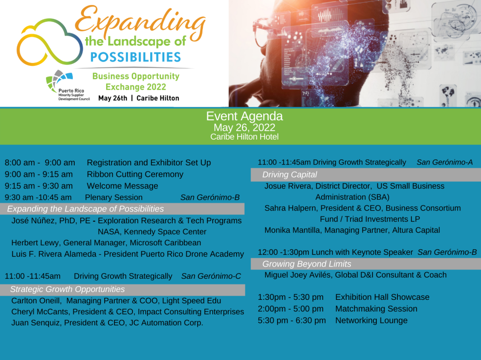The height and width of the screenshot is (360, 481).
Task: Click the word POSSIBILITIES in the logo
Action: coord(136,57)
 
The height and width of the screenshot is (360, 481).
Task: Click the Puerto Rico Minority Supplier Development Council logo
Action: coord(68,86)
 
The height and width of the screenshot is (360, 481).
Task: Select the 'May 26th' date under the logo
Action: coord(113,98)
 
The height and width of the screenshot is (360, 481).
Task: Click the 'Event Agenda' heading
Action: coord(244,116)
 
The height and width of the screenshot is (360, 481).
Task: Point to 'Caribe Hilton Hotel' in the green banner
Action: coord(244,137)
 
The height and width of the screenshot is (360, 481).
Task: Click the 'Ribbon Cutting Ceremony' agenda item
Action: coord(135,174)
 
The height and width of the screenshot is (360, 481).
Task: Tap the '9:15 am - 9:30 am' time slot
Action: coord(39,186)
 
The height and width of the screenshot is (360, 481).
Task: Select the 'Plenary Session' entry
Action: coord(114,197)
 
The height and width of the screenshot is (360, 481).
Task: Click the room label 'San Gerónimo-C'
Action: coord(211,276)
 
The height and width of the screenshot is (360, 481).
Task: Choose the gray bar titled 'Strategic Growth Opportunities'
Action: coord(123,290)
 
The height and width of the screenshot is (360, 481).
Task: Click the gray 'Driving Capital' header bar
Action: coord(365,175)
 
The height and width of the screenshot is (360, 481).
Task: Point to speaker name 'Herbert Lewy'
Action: coord(35,243)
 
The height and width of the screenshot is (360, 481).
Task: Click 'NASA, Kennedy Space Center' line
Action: coord(152,232)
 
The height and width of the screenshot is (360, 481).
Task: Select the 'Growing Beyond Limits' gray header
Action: coord(365,264)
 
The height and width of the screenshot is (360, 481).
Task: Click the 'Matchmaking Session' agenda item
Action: coord(376,309)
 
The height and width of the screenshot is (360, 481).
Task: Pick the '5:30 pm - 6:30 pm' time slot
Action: coord(292,321)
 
